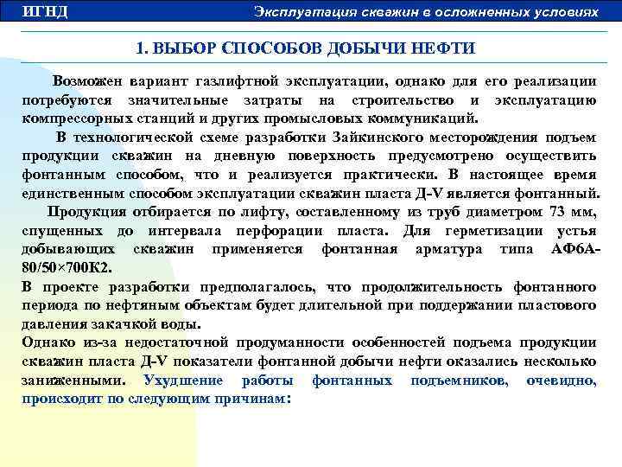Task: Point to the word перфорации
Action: (x=326, y=231)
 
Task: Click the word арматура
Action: (x=441, y=249)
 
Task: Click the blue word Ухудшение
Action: (x=183, y=381)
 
